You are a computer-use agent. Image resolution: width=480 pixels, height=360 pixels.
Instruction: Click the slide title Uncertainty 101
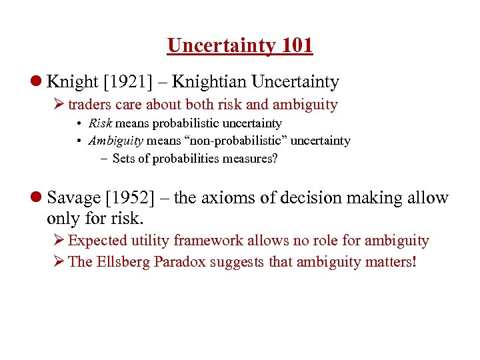pos(240,45)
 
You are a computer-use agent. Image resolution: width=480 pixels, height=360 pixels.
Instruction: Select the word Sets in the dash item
pos(124,158)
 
